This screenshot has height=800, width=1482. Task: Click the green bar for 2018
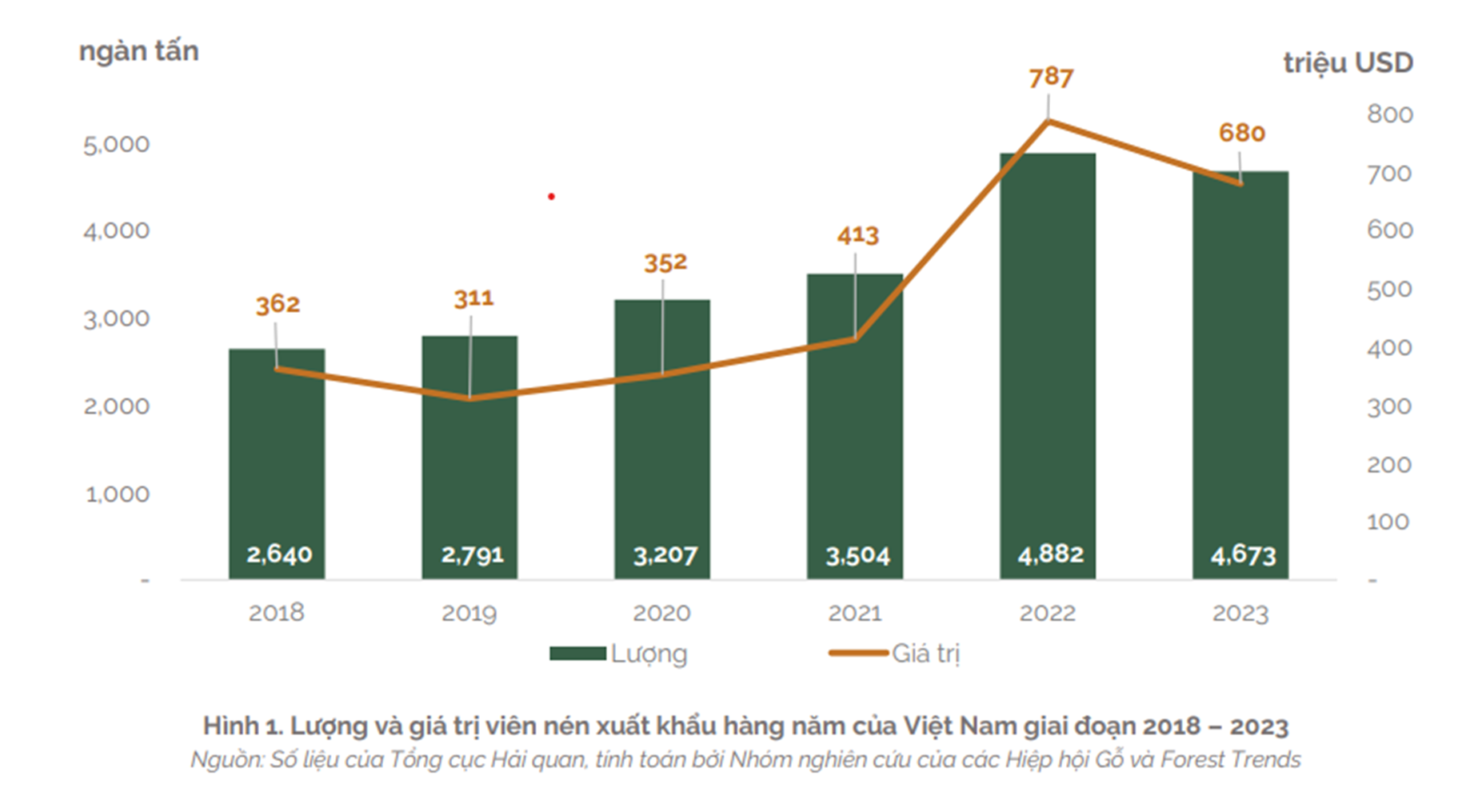point(277,464)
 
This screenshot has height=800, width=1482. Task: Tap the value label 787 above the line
point(1050,78)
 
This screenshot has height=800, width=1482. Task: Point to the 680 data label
point(1241,133)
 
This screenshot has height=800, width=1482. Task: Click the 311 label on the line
point(473,299)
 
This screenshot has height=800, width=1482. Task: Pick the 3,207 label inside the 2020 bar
point(665,554)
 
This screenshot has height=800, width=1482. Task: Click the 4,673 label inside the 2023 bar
point(1243,554)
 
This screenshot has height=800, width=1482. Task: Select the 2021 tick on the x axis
point(854,614)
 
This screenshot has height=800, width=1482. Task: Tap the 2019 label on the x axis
point(469,614)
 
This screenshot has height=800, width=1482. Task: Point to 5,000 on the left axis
point(117,145)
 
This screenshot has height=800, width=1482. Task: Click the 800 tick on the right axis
point(1389,114)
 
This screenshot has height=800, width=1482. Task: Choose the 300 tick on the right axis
point(1389,406)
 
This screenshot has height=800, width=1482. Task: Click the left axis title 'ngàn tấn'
point(139,51)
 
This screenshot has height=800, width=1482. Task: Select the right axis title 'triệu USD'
point(1348,63)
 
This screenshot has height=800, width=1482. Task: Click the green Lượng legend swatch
point(577,654)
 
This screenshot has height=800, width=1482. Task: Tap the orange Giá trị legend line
point(858,654)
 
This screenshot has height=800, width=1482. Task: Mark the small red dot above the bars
point(551,196)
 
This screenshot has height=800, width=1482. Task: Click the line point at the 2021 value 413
point(855,339)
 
